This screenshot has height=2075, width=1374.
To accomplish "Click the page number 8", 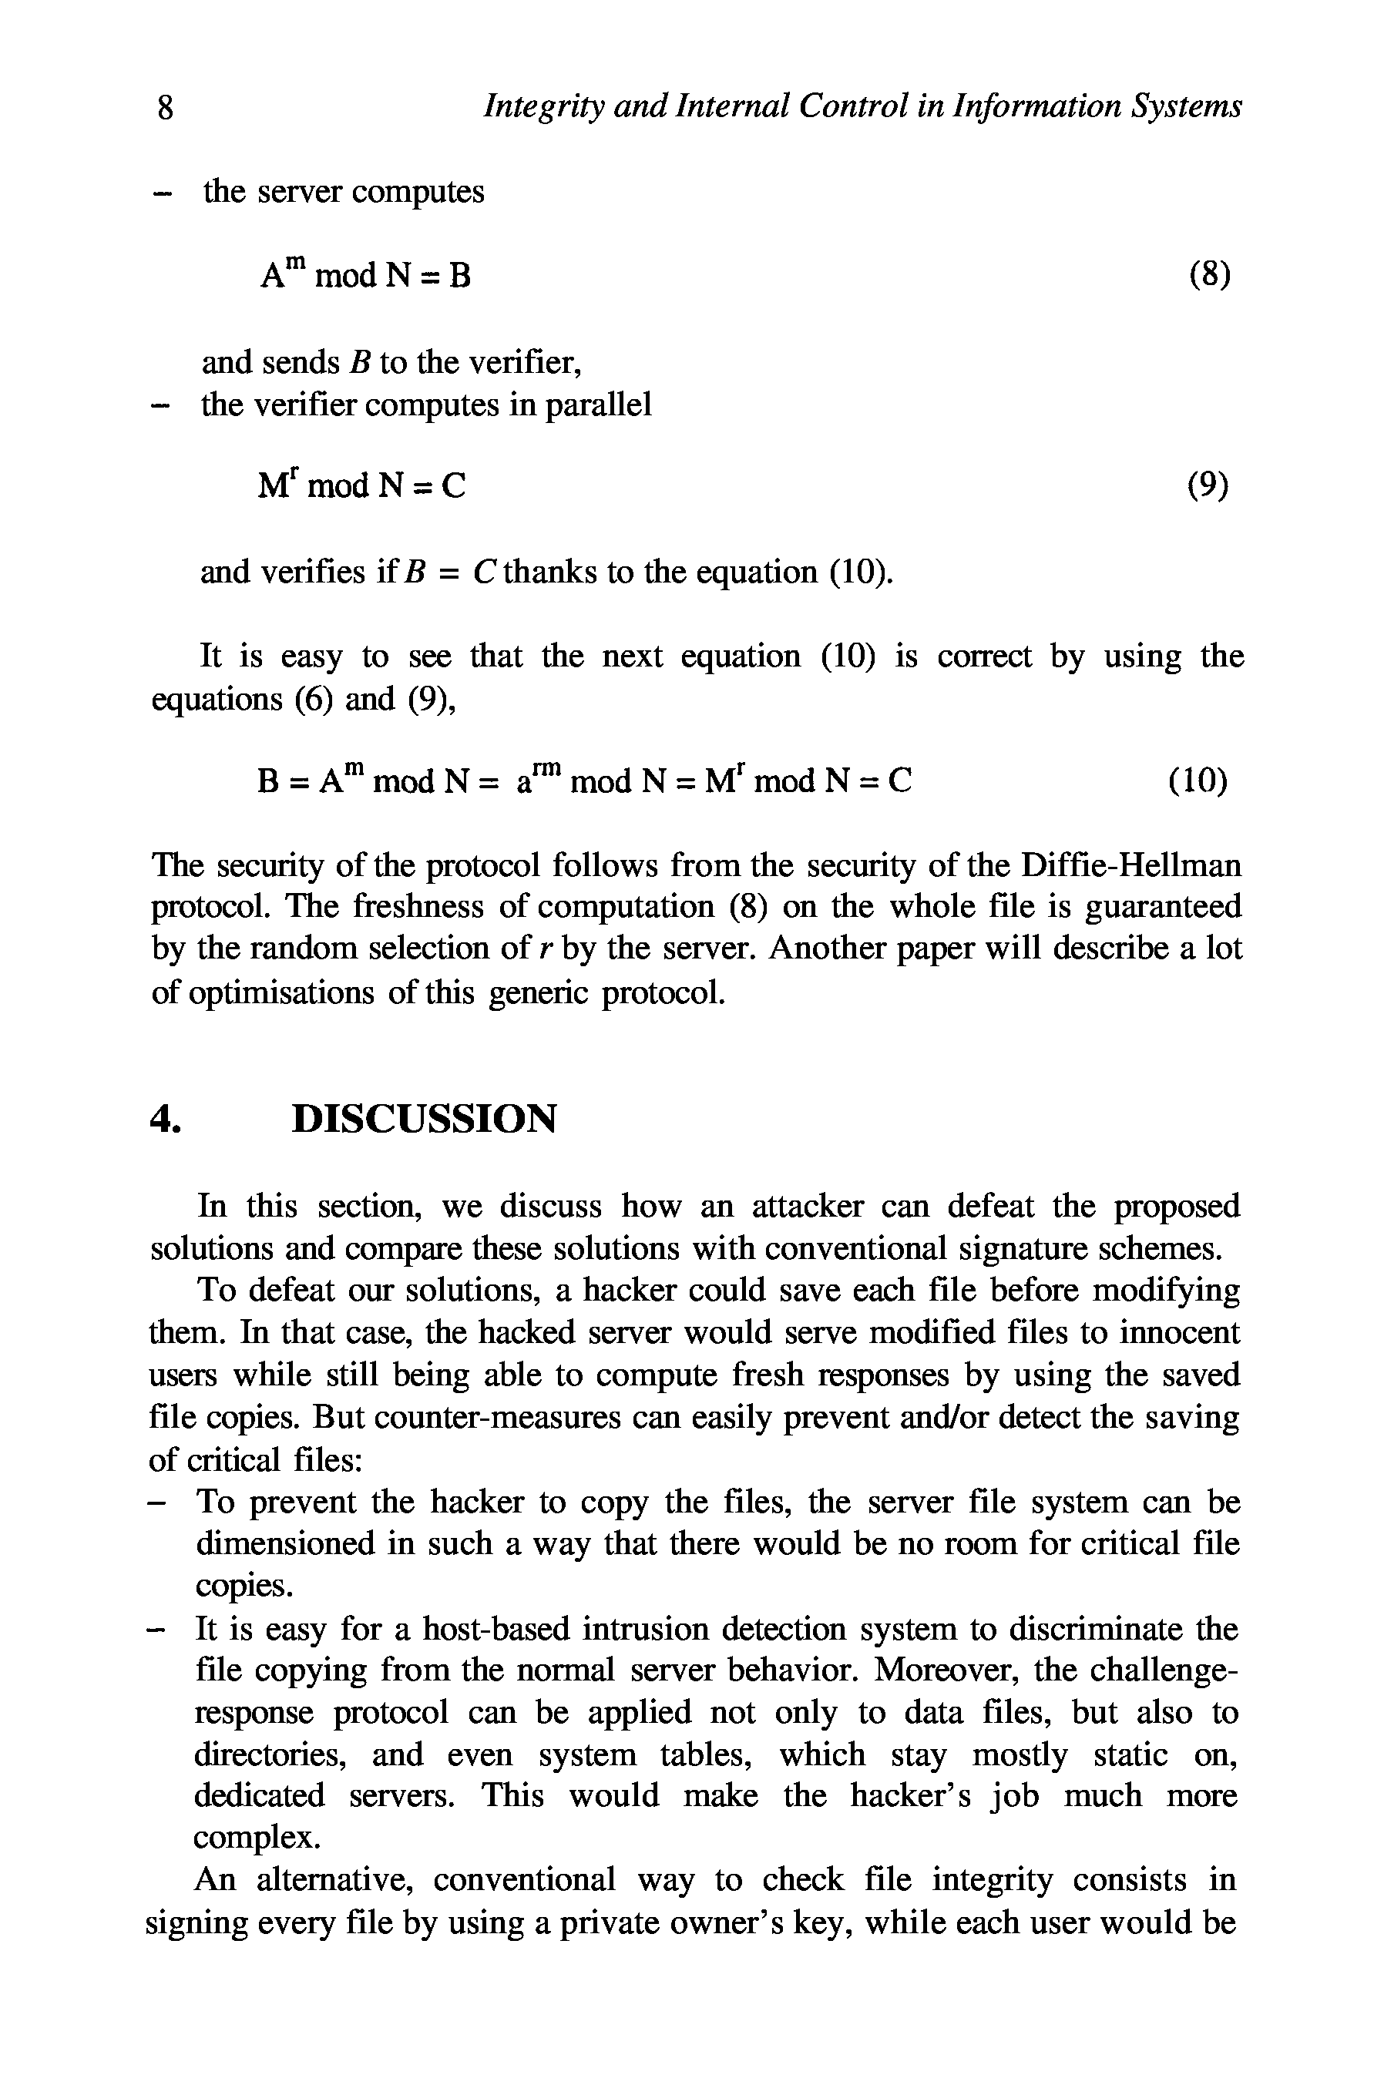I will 165,108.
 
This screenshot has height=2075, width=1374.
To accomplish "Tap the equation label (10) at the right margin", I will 1197,780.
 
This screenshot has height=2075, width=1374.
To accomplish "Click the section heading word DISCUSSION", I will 423,1119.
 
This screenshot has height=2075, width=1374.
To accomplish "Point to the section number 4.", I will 165,1119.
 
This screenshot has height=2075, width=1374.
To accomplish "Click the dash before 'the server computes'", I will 159,193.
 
